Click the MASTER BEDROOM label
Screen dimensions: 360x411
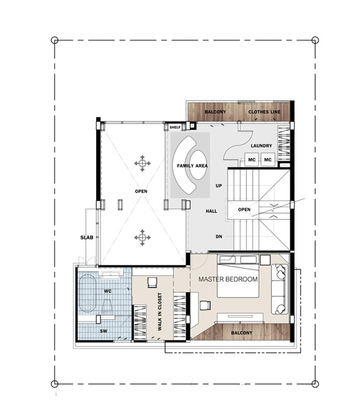(228, 279)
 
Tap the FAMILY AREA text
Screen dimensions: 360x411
(192, 166)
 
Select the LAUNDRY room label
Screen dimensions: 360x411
(261, 146)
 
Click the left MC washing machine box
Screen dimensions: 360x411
(252, 159)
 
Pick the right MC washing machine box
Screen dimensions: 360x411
(268, 159)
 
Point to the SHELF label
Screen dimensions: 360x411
(175, 127)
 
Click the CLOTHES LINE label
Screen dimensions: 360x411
(264, 112)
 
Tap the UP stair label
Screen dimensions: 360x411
(218, 186)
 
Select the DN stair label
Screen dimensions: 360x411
(218, 236)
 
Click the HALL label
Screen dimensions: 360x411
(211, 211)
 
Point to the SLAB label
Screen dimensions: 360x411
(87, 237)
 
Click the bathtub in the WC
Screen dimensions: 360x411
(88, 293)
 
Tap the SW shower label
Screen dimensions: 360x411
(104, 331)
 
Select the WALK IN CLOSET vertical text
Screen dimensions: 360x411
(160, 311)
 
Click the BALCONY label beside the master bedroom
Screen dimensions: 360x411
(241, 333)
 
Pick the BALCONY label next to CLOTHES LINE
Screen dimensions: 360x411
(215, 112)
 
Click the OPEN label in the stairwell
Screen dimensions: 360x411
(244, 210)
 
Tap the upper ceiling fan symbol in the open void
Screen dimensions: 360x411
(142, 164)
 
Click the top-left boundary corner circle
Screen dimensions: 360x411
(55, 40)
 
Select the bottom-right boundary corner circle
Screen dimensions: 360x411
(315, 384)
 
